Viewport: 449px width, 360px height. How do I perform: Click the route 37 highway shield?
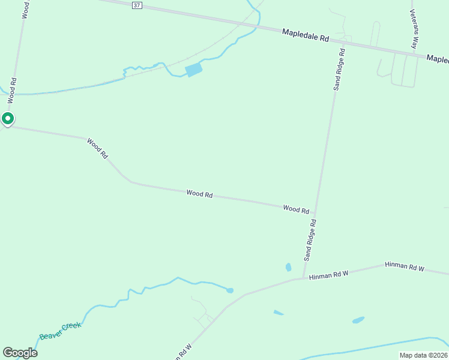pos(137,5)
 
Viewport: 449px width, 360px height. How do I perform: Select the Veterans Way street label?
pos(414,28)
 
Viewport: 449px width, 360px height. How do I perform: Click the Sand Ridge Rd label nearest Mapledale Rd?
pos(339,69)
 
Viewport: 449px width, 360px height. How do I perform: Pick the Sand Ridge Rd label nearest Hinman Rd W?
pos(310,239)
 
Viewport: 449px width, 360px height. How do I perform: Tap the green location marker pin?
pos(7,119)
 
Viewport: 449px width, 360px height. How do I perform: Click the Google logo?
pos(20,353)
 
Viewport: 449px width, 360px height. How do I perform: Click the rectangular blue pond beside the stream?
pos(194,70)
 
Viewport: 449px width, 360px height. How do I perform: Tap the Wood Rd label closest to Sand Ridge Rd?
pos(296,209)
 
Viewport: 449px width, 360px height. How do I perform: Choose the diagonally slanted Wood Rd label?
pos(97,148)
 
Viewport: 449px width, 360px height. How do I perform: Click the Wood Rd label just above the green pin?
pos(12,89)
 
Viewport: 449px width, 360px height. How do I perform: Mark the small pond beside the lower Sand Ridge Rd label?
pos(289,267)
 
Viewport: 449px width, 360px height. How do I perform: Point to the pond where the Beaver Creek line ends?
pos(230,291)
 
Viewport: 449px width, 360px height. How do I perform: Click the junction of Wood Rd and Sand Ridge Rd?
pos(315,212)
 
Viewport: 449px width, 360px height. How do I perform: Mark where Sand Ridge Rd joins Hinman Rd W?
pos(304,278)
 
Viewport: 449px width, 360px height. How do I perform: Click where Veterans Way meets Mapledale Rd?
pos(415,55)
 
